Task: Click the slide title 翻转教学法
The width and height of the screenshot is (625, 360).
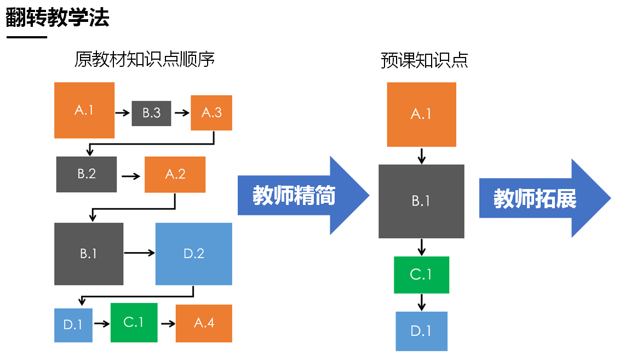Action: coord(58,18)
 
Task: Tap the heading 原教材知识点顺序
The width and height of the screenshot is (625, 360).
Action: coord(144,60)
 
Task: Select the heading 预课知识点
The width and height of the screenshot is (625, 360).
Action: coord(425,60)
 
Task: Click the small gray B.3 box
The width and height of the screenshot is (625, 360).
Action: coord(151,113)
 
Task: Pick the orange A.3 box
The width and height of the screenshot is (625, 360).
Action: coord(211,113)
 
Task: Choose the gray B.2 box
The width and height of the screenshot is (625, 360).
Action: coord(87,174)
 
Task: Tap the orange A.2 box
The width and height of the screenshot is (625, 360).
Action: coord(175,174)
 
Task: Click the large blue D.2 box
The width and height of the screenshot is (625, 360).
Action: coord(194,254)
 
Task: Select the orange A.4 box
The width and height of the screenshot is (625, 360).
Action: coord(204,323)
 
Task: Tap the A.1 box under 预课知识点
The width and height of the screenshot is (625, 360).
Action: coord(421,115)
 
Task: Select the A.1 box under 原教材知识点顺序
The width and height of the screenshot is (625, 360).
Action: coord(84,110)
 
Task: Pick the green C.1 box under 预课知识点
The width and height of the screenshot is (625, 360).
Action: coord(421,275)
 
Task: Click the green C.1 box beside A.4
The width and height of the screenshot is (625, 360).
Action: coord(134,323)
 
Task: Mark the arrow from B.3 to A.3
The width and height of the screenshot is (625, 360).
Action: coord(181,113)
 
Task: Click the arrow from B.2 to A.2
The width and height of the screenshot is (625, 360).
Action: coord(131,176)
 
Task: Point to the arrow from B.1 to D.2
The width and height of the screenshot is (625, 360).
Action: coord(139,253)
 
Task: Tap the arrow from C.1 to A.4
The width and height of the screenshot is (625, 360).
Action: coord(167,323)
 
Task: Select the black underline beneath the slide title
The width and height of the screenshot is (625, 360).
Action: coord(27,37)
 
